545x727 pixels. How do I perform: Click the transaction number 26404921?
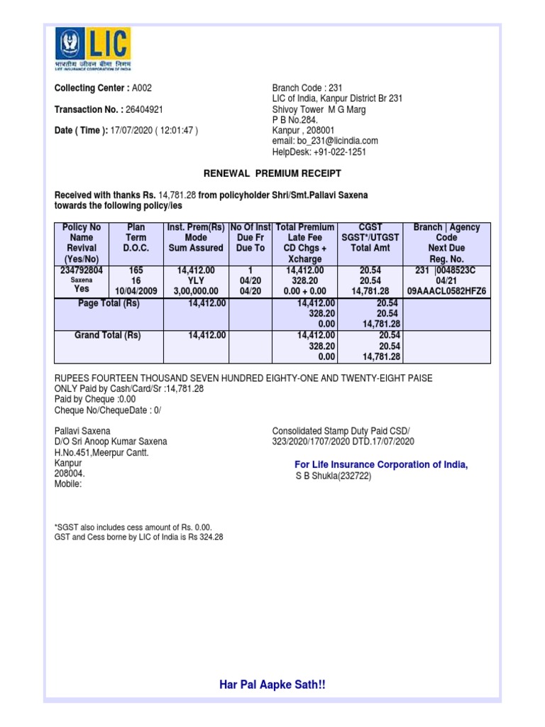click(145, 109)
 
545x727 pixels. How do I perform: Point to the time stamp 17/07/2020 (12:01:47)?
click(154, 131)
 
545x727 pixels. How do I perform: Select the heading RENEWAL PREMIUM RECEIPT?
click(272, 173)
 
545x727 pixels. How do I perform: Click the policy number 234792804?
click(82, 270)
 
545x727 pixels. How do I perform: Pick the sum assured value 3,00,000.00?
click(196, 291)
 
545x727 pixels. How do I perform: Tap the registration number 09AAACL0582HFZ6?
click(446, 291)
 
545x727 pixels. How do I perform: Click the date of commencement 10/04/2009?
click(136, 291)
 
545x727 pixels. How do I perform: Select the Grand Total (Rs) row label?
click(108, 335)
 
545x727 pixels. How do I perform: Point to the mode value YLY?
click(196, 280)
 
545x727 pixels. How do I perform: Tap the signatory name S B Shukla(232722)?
click(334, 476)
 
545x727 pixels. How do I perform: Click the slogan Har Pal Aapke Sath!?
click(272, 684)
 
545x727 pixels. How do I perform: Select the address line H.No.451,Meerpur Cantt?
click(101, 452)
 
